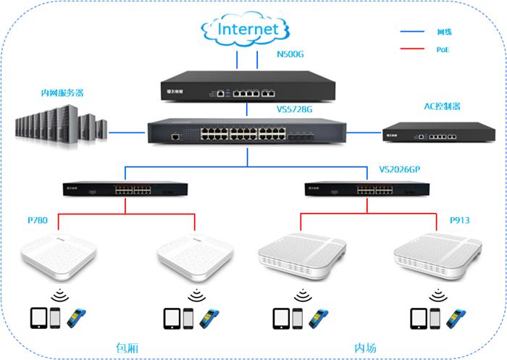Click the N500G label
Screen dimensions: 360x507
tap(291, 54)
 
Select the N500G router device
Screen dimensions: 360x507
tap(246, 88)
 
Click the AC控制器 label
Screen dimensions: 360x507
tap(443, 106)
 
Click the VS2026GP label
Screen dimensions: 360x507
tap(400, 169)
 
